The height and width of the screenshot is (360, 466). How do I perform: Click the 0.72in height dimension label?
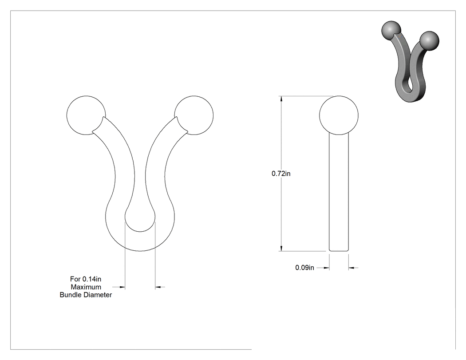pos(281,174)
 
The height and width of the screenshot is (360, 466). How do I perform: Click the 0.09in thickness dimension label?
pos(304,268)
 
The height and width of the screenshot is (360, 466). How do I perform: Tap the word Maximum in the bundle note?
pos(86,287)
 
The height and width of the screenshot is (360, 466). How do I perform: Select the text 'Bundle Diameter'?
pos(86,295)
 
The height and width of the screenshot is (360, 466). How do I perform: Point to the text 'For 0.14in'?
pos(86,279)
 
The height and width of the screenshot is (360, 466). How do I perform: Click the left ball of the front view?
pos(86,115)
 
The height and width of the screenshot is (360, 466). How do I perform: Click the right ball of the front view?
pos(194,115)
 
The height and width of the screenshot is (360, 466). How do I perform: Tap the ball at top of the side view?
pos(339,115)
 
